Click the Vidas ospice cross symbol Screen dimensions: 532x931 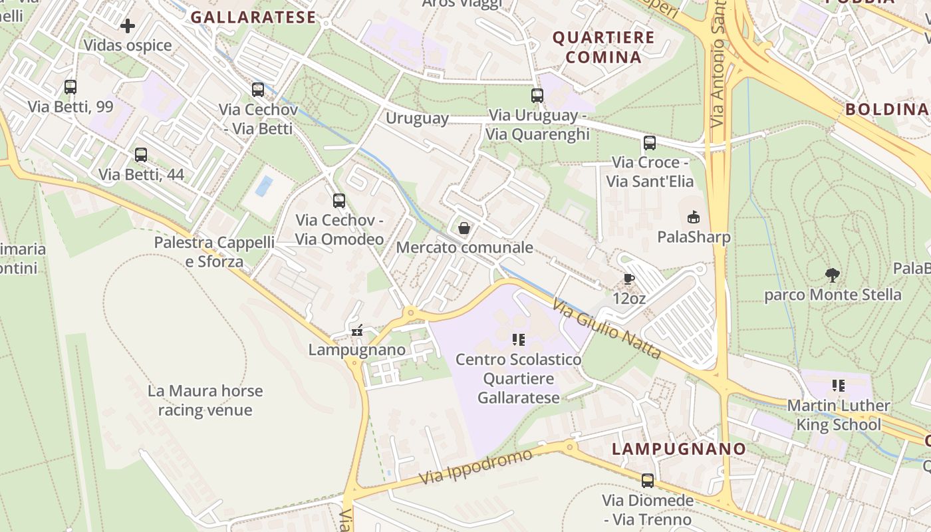click(x=128, y=26)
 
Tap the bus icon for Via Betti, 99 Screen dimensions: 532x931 click(x=70, y=87)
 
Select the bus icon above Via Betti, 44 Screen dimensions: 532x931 click(x=141, y=155)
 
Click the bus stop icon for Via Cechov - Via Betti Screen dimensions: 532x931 click(x=258, y=90)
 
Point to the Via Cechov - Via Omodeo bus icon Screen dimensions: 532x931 click(x=339, y=200)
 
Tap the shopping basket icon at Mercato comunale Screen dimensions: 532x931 click(x=464, y=228)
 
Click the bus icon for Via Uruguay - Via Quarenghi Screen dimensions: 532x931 click(x=537, y=96)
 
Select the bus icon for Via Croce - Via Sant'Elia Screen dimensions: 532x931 click(x=650, y=143)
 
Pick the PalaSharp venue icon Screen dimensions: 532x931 click(x=694, y=217)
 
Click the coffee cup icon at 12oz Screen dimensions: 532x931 click(x=629, y=279)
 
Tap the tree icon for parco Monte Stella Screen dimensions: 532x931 click(x=832, y=275)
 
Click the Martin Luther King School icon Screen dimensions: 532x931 click(x=838, y=386)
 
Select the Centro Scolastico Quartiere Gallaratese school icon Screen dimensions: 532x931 click(x=519, y=340)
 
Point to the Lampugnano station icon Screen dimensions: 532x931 click(x=357, y=330)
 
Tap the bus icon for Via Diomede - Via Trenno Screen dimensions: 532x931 click(x=648, y=480)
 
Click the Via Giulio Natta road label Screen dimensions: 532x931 click(x=606, y=329)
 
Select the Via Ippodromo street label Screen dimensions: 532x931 click(x=475, y=467)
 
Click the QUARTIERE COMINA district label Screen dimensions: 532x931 click(x=604, y=47)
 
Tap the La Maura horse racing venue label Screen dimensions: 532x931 click(x=205, y=400)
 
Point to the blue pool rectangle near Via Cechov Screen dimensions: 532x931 click(x=264, y=186)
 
